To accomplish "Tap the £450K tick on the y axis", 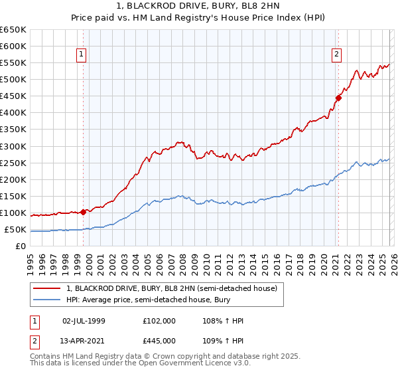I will [13, 96].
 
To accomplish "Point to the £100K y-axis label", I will [13, 213].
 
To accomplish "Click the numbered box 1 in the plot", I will [81, 54].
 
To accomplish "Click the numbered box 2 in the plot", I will [336, 54].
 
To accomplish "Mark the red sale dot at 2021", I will [338, 98].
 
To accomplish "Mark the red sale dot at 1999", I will [83, 212].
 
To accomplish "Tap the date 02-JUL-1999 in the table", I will [84, 321].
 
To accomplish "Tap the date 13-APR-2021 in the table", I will [84, 340].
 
